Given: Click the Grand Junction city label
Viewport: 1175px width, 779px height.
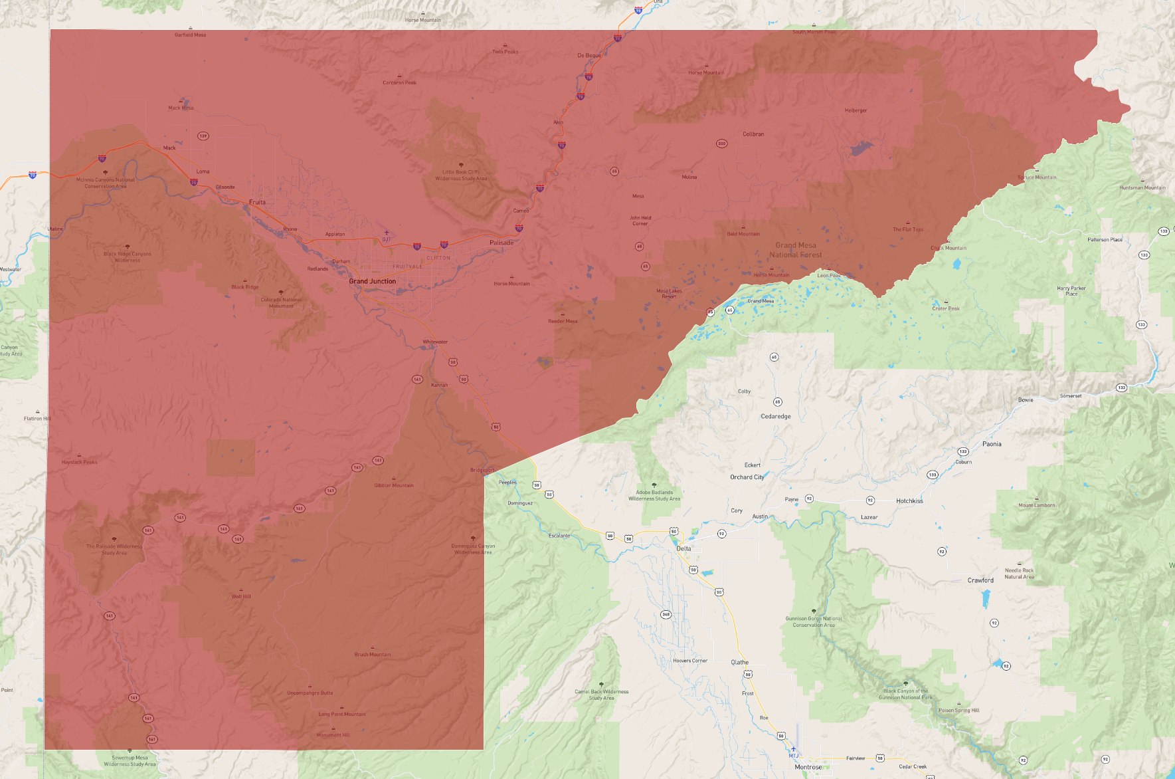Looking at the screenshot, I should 372,281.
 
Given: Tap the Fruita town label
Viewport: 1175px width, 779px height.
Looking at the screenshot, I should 257,202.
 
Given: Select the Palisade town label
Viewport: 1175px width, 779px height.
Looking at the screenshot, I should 501,243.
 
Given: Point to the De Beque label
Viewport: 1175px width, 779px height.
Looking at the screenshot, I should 589,56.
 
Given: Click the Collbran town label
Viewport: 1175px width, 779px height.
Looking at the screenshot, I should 753,134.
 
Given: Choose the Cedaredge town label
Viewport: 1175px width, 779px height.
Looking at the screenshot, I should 776,417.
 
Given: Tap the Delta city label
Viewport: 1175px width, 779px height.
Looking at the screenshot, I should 683,549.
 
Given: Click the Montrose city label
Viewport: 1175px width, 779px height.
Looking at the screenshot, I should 808,767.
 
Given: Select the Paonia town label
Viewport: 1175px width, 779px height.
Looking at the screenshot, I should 992,444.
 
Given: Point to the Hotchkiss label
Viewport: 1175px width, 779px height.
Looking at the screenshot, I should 909,501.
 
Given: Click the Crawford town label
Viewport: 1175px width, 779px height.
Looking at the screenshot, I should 980,580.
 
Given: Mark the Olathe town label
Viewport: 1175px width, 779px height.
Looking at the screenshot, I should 739,663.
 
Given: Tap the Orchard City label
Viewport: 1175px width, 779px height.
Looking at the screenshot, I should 747,477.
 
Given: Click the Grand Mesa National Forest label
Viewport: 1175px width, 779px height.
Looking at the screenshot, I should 796,250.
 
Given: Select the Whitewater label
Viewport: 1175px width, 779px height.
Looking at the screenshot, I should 435,342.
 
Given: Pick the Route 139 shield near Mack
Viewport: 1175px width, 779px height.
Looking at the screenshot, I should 203,136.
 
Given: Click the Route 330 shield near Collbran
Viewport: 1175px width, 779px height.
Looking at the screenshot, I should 721,144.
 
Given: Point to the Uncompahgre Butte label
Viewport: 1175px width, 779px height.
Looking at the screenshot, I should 310,693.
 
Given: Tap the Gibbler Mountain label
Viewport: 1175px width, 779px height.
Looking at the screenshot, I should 394,485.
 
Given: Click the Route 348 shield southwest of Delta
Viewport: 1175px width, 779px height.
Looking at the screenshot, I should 666,614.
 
